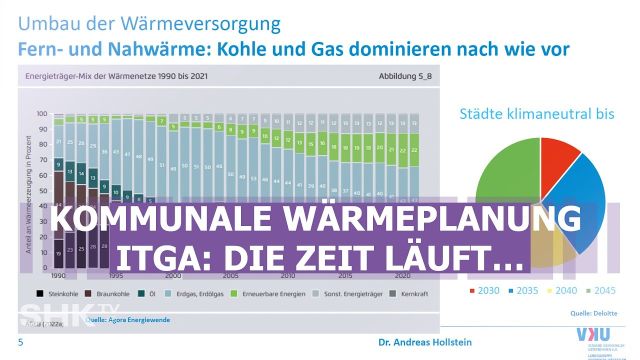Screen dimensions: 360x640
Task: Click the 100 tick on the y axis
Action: point(42,114)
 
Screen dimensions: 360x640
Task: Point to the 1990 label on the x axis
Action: point(58,275)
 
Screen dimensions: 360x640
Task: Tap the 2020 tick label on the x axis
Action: point(401,275)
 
